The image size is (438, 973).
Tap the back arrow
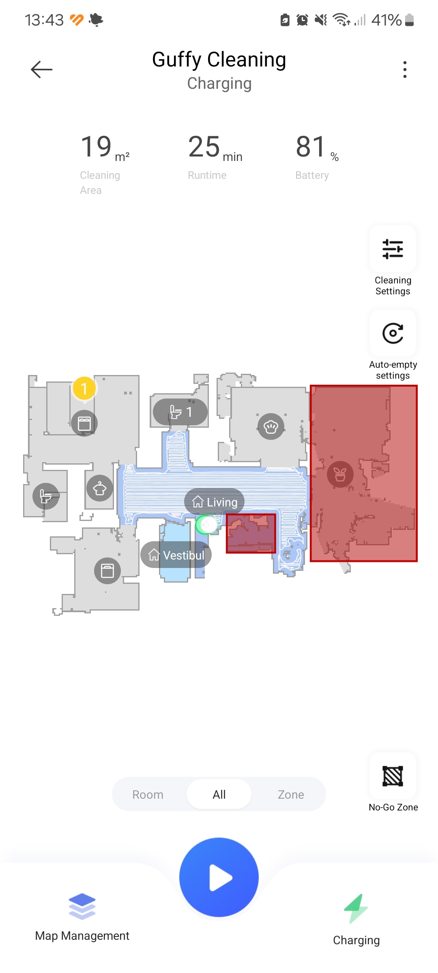(42, 69)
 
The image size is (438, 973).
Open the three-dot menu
(405, 69)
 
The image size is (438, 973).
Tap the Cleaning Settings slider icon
(393, 249)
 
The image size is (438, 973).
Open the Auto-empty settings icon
(393, 333)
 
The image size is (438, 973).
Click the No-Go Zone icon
(393, 776)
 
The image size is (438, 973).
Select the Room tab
(148, 795)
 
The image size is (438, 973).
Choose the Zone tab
(291, 795)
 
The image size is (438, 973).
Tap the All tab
(219, 795)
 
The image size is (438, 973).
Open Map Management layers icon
(82, 907)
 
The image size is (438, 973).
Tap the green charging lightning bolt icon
(356, 909)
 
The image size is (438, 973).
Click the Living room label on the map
(214, 502)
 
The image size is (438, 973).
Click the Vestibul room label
(176, 555)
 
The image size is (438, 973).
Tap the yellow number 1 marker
(84, 388)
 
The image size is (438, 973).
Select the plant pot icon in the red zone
(340, 474)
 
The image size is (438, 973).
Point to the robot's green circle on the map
(206, 525)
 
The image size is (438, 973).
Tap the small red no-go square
(251, 534)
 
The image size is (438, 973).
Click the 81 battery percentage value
(311, 147)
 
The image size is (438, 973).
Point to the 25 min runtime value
(215, 148)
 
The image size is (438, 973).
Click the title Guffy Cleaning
(219, 60)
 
